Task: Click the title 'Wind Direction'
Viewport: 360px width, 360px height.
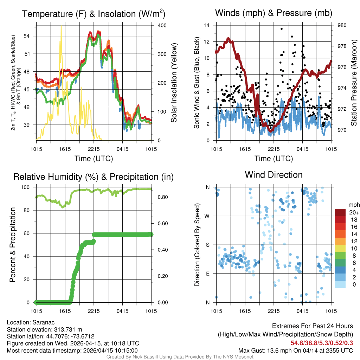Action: tap(274, 175)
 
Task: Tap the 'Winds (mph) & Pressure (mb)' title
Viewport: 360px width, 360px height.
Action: tap(274, 13)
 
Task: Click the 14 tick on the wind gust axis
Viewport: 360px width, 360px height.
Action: tap(207, 26)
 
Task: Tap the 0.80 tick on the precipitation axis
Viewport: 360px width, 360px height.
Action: tap(161, 197)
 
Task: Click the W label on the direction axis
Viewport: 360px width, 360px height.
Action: tap(207, 216)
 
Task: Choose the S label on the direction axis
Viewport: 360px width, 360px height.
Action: tap(208, 245)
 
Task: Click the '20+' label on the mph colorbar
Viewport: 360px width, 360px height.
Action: tap(353, 212)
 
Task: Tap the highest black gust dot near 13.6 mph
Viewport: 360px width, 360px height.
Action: tap(282, 29)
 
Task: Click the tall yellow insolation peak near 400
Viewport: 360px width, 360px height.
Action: tap(62, 27)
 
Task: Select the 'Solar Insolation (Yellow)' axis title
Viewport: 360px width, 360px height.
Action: tap(174, 83)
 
